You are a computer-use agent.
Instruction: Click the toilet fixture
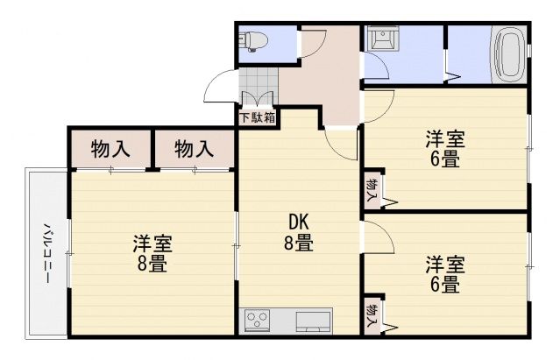pos(254,41)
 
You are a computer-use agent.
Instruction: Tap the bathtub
pos(508,54)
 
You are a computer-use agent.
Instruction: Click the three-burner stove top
pos(257,319)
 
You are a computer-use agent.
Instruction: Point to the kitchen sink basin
pos(313,321)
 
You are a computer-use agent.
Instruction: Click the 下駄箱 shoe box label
pos(258,117)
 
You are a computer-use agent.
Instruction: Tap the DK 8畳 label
pos(299,233)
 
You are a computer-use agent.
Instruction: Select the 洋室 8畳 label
pos(152,254)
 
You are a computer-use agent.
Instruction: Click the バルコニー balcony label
pos(48,253)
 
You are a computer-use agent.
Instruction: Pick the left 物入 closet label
pos(110,148)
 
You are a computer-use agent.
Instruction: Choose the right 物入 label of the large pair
pos(194,148)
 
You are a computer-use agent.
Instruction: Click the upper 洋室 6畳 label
pos(445,149)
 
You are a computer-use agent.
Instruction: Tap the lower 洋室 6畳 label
pos(445,274)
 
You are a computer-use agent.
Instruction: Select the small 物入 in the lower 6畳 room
pos(372,315)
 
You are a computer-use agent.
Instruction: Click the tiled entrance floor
pos(258,87)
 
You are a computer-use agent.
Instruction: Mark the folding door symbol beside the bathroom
pos(452,76)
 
